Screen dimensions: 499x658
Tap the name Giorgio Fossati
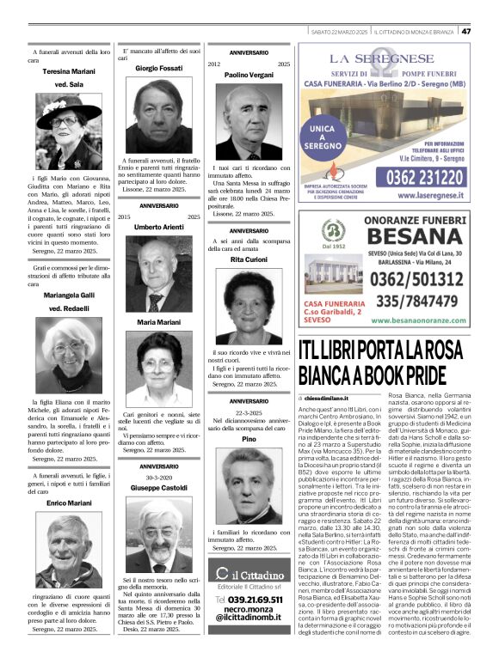(x=159, y=68)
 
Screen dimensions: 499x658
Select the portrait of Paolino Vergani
(x=248, y=120)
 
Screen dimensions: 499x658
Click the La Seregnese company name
(x=387, y=59)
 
